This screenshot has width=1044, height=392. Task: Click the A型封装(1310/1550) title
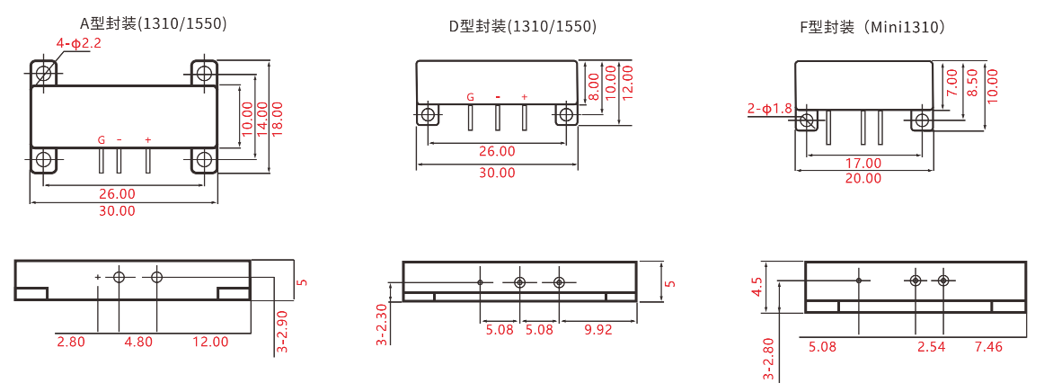pos(154,23)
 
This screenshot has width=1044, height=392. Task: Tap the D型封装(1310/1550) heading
pos(523,27)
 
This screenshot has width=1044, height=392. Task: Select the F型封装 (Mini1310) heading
pos(872,27)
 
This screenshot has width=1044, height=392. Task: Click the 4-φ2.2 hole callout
pos(78,43)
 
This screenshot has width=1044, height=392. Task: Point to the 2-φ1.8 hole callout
pos(770,107)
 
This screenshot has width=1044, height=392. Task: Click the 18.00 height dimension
pos(277,118)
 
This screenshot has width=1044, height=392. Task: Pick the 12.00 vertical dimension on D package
pos(626,81)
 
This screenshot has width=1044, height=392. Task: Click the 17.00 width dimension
pos(863,164)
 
